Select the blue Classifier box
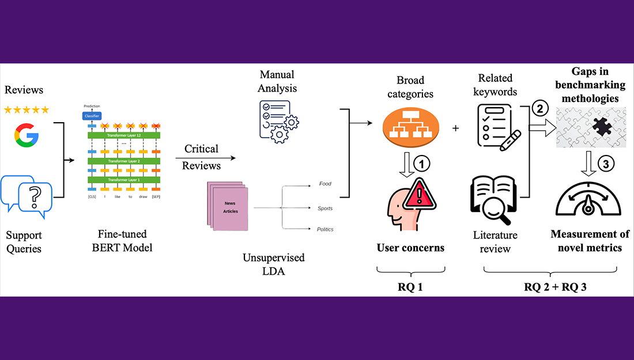click(x=92, y=116)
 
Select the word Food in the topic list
click(x=325, y=184)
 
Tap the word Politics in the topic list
click(x=326, y=229)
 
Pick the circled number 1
click(x=422, y=164)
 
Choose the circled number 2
click(x=540, y=109)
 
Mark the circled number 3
click(x=606, y=164)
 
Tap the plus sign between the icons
click(x=456, y=128)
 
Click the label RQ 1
click(x=410, y=286)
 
